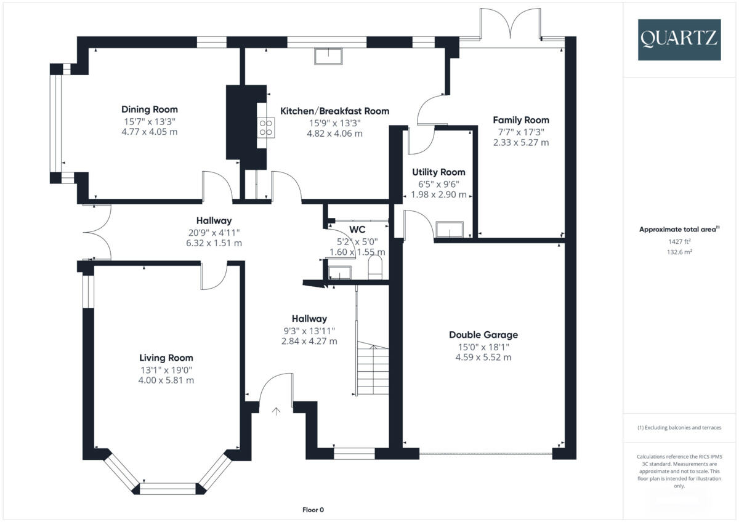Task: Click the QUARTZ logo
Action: (679, 39)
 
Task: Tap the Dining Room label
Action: (149, 110)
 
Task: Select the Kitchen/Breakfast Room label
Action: (335, 111)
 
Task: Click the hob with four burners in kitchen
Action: (266, 126)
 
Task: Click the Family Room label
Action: (521, 120)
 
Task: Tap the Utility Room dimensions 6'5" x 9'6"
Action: (438, 183)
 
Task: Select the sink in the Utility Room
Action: (450, 230)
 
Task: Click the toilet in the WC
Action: (374, 268)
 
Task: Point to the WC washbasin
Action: (339, 271)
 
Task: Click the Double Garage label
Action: (483, 335)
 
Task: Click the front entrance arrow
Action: (276, 411)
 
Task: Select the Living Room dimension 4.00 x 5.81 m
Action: (166, 380)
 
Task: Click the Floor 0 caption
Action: (313, 510)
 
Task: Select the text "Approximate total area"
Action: (677, 229)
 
